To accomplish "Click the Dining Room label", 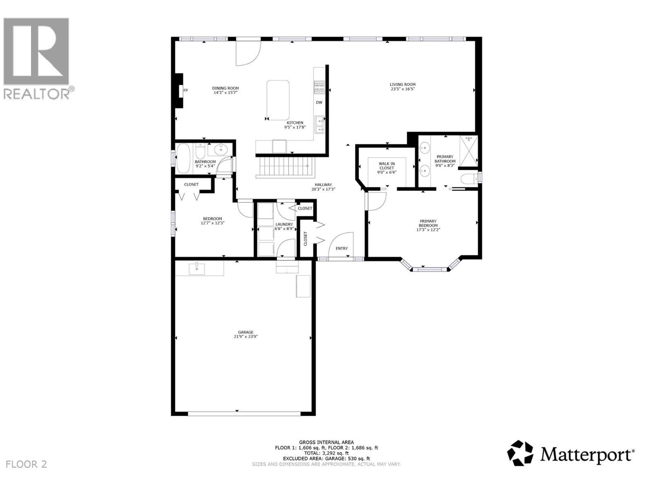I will (225, 88).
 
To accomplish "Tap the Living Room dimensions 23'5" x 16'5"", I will (402, 89).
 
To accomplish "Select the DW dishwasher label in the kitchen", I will (319, 102).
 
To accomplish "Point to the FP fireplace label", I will (186, 91).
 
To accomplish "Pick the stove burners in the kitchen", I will (319, 87).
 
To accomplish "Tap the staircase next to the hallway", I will (284, 167).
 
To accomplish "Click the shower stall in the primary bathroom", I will (468, 151).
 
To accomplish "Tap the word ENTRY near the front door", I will (342, 248).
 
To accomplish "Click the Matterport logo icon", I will (520, 453).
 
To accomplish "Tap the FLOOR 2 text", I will (27, 464).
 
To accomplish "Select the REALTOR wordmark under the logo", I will (37, 94).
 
